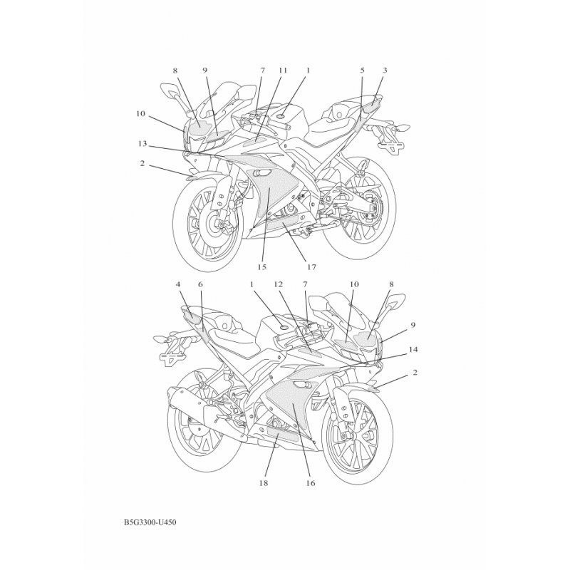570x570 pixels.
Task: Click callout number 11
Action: [283, 71]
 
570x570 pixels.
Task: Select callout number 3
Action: [385, 71]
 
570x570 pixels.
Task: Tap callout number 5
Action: [363, 71]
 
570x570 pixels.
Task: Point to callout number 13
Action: [142, 143]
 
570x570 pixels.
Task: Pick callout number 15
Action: [261, 267]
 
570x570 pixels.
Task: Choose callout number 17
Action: [311, 267]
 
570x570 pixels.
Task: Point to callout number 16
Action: [311, 482]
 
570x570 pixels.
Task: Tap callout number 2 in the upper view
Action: [142, 163]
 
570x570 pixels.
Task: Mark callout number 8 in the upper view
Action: [175, 71]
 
